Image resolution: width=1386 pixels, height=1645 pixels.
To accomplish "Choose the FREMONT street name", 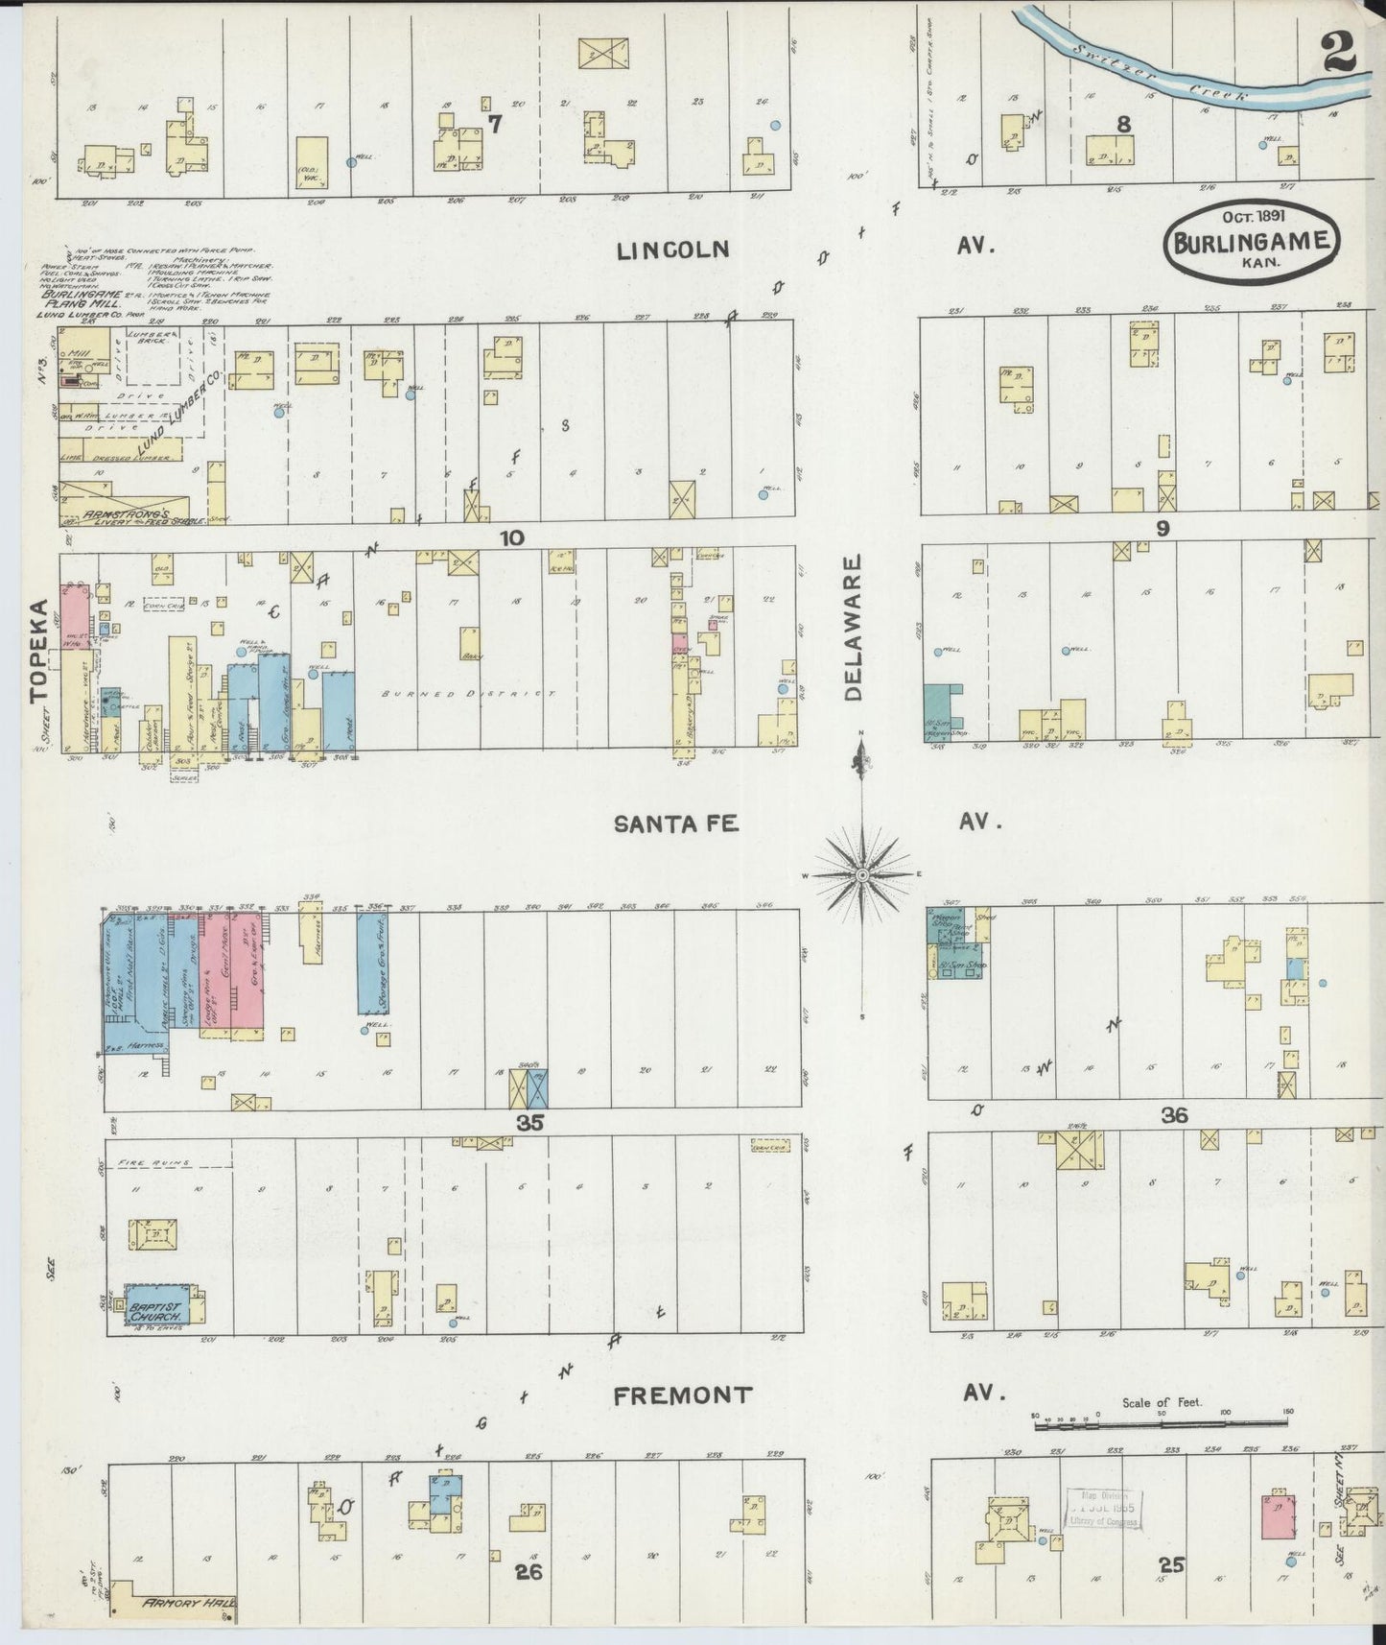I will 682,1395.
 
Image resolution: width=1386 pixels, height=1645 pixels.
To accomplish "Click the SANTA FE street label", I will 676,823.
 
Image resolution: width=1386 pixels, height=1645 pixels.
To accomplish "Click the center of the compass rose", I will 862,875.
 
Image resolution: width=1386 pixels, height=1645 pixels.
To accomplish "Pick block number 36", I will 1174,1115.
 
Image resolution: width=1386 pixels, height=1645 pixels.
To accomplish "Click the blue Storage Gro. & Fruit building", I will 372,964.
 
